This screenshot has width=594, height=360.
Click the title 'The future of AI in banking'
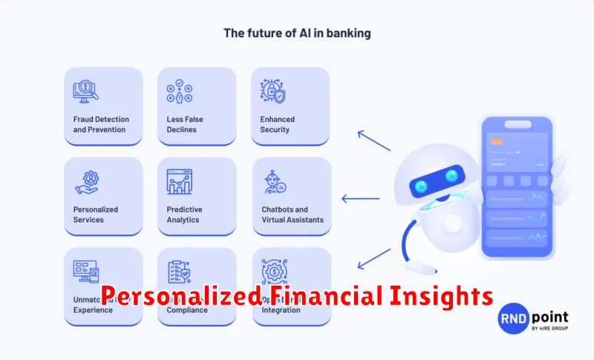pos(296,33)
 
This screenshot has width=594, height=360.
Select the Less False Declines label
pos(185,124)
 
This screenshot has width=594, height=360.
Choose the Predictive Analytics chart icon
pos(179,181)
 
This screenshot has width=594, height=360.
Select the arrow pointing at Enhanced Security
pos(373,139)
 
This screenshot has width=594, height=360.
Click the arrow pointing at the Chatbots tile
pos(359,198)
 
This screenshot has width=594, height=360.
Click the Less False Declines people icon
pos(178,91)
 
